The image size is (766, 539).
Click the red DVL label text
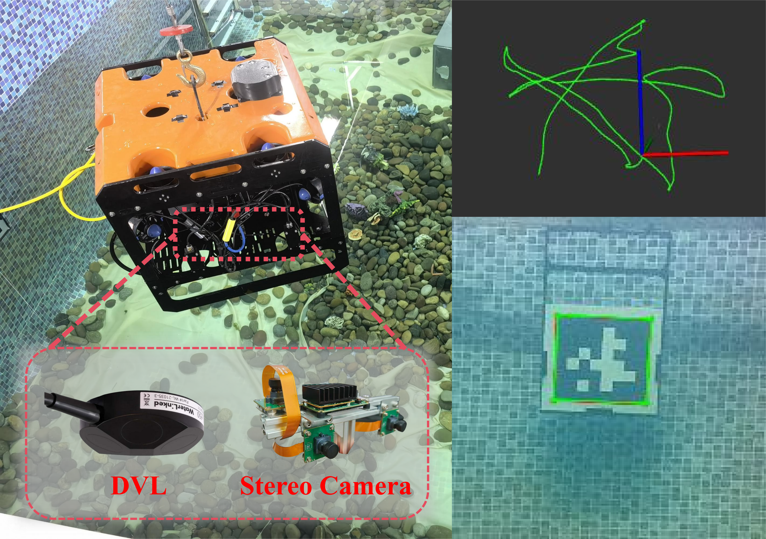tap(138, 486)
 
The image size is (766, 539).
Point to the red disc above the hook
tap(176, 31)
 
